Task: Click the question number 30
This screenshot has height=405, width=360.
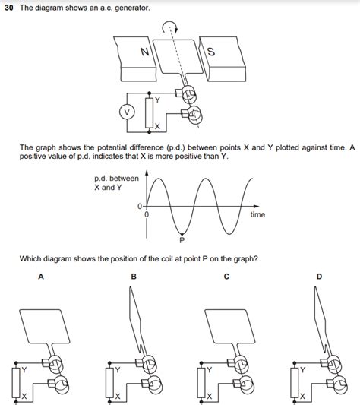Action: (8, 7)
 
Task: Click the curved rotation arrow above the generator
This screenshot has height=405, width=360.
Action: (167, 27)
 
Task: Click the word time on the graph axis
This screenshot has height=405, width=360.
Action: (257, 215)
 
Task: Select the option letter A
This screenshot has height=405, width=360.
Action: (40, 277)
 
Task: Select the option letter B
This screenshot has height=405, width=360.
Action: (134, 277)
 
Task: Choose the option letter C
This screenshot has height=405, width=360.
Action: (226, 277)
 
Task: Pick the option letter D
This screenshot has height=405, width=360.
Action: (319, 277)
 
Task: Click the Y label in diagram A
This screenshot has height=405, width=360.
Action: (24, 369)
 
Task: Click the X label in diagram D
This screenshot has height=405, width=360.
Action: (303, 397)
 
